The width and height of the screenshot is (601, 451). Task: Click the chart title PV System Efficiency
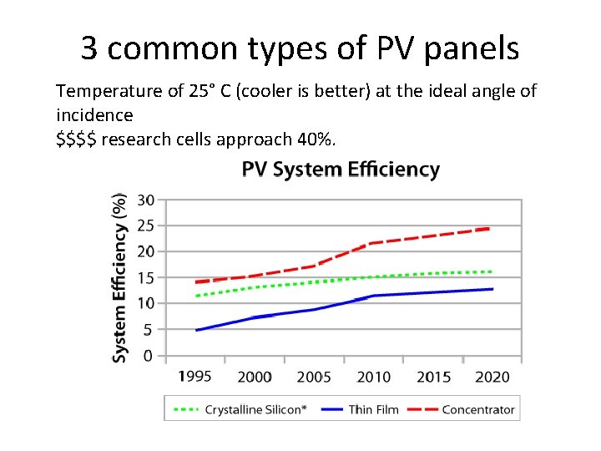(x=341, y=170)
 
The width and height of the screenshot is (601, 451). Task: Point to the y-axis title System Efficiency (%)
(x=120, y=278)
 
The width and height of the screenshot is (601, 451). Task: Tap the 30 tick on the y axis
(x=145, y=200)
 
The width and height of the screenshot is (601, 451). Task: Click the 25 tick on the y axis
(x=145, y=225)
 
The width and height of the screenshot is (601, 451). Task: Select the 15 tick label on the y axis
(x=145, y=278)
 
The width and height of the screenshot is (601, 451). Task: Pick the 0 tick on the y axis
(x=149, y=356)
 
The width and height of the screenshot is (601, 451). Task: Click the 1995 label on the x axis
(x=194, y=377)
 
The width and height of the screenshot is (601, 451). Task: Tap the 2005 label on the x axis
(x=314, y=377)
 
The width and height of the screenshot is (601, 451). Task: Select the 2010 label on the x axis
(x=373, y=377)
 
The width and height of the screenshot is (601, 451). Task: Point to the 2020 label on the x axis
(x=492, y=377)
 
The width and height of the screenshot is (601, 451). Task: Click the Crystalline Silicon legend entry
(x=240, y=409)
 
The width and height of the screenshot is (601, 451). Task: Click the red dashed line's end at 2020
(x=490, y=228)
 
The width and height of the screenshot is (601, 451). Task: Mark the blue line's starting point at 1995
(x=196, y=330)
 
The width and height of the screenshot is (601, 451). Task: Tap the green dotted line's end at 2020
(x=492, y=271)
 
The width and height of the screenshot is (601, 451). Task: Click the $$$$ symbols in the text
(x=78, y=138)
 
